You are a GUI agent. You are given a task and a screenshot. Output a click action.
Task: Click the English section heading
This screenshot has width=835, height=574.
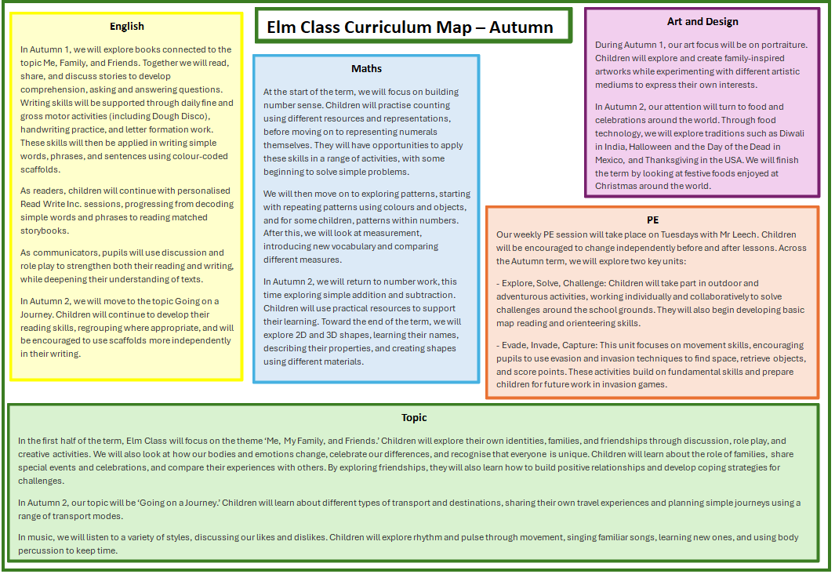(127, 26)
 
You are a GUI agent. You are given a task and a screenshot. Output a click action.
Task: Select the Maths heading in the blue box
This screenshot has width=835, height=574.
(366, 68)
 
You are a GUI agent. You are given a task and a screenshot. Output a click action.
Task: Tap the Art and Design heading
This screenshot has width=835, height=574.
(702, 21)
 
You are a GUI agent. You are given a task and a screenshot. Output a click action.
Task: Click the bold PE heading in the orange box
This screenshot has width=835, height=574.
(652, 220)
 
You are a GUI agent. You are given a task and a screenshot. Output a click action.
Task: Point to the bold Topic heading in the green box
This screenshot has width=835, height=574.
(414, 417)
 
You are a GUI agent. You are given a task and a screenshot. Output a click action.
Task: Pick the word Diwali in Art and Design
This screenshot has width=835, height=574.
(792, 133)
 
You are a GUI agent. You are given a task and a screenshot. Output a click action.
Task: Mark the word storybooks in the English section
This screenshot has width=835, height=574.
(44, 231)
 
